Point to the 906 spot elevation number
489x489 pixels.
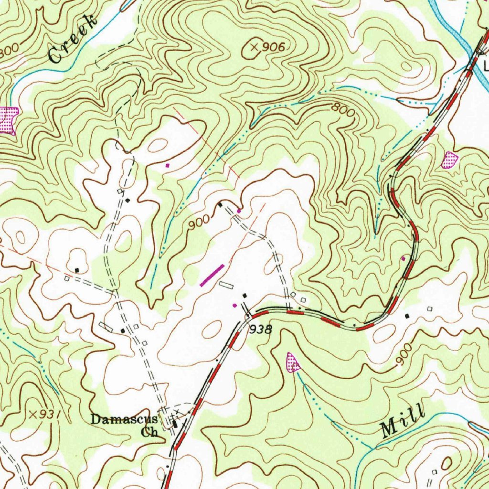[x=274, y=47]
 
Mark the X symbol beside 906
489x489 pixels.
[x=254, y=47]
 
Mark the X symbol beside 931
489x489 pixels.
[x=33, y=414]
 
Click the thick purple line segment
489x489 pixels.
[x=212, y=276]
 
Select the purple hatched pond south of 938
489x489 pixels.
[x=292, y=362]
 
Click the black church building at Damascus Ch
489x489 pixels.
[x=175, y=424]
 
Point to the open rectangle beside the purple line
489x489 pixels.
[x=226, y=285]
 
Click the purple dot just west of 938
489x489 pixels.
[x=234, y=305]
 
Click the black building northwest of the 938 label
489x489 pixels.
[x=245, y=296]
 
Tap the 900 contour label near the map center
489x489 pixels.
[x=198, y=222]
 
